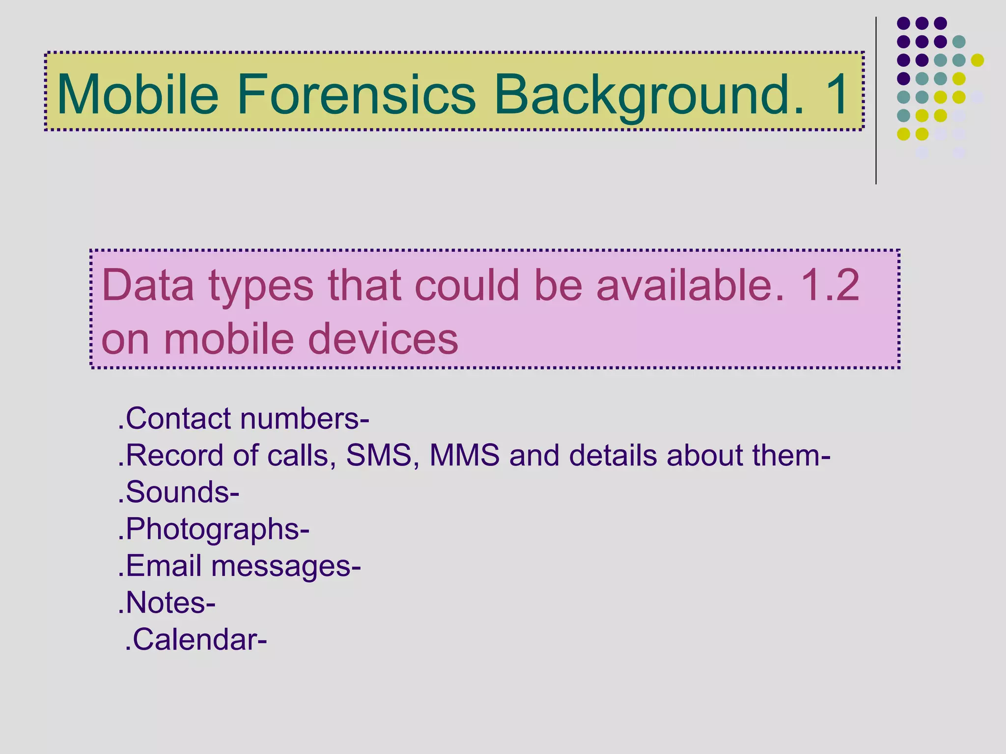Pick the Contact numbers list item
click(x=244, y=419)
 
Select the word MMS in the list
click(x=464, y=455)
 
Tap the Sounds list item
click(x=179, y=492)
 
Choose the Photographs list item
click(x=214, y=529)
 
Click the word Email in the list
click(x=164, y=565)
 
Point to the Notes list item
click(x=167, y=602)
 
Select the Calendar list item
click(x=196, y=640)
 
